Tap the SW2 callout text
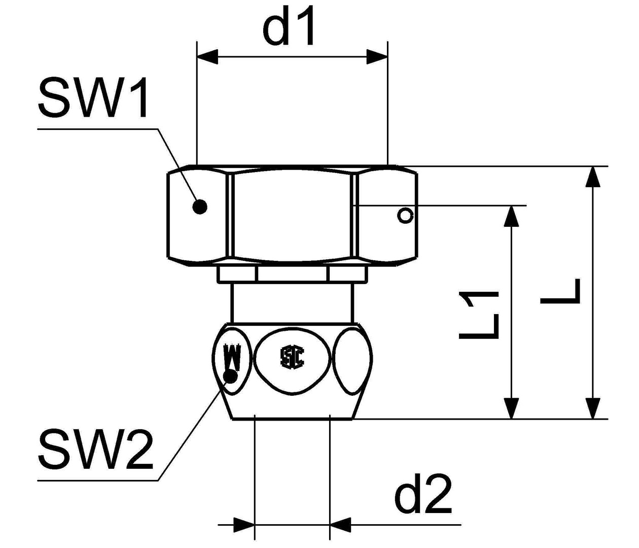pos(95,449)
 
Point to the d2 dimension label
pos(422,494)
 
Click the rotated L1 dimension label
pos(480,315)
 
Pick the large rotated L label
pos(560,291)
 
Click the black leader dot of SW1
pos(200,207)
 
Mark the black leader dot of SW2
pos(231,376)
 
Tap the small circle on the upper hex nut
pos(405,216)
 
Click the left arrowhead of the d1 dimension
pos(207,57)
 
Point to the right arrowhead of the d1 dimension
pos(377,57)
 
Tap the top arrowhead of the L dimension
pos(593,177)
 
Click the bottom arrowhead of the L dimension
pos(593,408)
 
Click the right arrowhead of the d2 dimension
pos(340,525)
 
